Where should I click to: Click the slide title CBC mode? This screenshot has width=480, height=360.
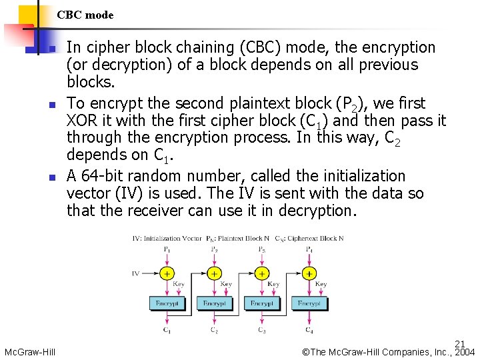click(x=85, y=15)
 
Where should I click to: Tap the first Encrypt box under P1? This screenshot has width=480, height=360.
click(x=167, y=303)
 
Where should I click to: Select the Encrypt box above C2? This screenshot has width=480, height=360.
click(x=214, y=303)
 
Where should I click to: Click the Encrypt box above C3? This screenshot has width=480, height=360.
click(x=261, y=303)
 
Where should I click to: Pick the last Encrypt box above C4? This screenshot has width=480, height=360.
click(x=309, y=303)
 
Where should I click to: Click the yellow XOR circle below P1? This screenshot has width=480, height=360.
click(x=167, y=273)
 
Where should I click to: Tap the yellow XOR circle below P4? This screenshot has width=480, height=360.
click(x=309, y=273)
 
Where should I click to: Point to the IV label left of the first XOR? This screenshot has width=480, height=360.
click(x=136, y=273)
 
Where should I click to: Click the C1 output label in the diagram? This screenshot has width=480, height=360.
click(x=167, y=329)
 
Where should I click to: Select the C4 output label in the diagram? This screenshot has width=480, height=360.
click(x=309, y=329)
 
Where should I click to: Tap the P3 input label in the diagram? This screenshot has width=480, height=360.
click(x=261, y=250)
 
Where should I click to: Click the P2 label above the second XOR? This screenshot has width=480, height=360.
click(x=214, y=250)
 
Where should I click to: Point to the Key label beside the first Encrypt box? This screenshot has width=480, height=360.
click(x=179, y=285)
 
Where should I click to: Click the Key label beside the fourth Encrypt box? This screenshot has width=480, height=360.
click(x=321, y=285)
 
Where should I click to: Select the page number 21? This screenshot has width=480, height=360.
click(x=460, y=344)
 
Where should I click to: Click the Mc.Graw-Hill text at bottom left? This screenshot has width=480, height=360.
click(x=29, y=352)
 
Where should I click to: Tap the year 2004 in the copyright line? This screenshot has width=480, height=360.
click(x=465, y=352)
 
